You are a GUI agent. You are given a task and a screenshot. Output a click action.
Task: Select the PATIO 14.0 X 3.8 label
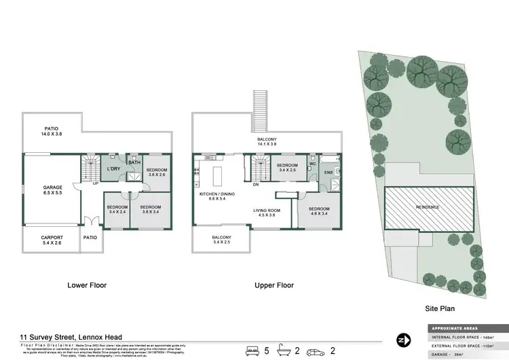tap(52, 131)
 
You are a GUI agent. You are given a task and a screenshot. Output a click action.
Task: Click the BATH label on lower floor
tap(134, 162)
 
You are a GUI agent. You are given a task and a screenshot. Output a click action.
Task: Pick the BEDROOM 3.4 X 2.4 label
tap(117, 209)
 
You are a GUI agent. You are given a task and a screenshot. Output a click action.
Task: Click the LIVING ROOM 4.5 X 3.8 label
tap(267, 212)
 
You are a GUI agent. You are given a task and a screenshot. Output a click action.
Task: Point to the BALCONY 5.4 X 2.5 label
tap(222, 240)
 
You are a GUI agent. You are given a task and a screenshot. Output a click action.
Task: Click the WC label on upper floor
tap(313, 164)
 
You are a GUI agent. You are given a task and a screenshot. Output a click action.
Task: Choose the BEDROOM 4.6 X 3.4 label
tap(319, 211)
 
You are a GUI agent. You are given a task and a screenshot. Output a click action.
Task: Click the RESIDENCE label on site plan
tap(428, 206)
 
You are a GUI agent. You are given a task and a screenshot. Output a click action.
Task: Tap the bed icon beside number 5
tap(252, 350)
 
